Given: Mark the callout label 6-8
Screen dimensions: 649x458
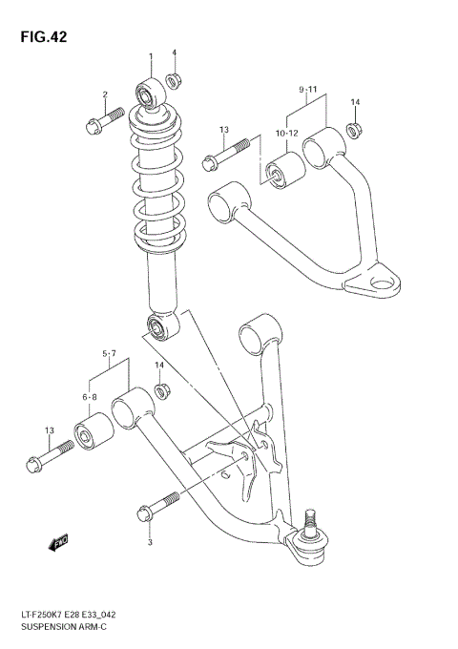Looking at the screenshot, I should click(x=90, y=395).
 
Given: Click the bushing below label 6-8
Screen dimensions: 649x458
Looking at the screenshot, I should click(x=95, y=434).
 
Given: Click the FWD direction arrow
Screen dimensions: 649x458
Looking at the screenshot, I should click(x=58, y=543).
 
